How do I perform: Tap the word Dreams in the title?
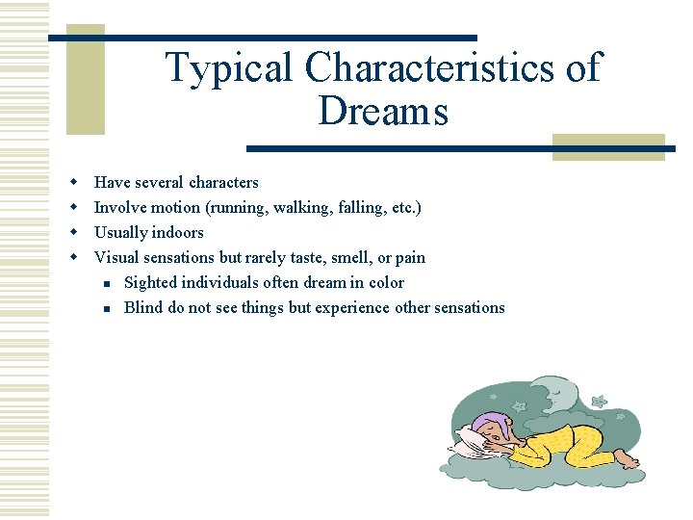(382, 112)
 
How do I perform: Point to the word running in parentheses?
(227, 207)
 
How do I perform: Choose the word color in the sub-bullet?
(386, 282)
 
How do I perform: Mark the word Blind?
(143, 307)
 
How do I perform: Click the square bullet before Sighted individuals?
(108, 283)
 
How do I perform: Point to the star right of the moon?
(599, 401)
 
